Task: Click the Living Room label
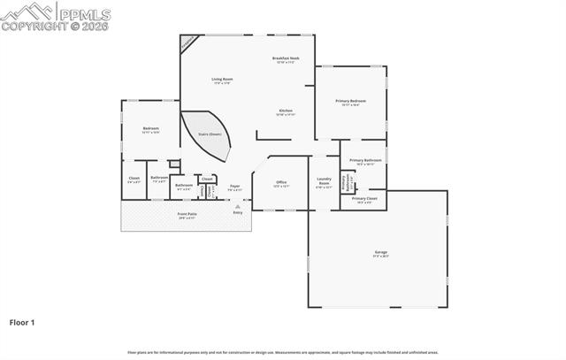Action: point(221,80)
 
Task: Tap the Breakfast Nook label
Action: point(286,58)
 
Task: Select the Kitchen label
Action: point(286,111)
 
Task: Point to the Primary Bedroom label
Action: point(350,101)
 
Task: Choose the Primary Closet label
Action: point(364,198)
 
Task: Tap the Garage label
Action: point(380,252)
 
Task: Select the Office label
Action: point(281,182)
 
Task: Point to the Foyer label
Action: point(235,186)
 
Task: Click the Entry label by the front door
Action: point(237,212)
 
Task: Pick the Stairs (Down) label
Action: point(209,134)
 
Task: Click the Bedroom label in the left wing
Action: point(150,128)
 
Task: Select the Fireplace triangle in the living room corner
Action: point(187,42)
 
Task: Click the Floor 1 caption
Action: point(22,323)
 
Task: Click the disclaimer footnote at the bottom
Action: point(283,352)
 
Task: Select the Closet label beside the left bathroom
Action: point(134,179)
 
